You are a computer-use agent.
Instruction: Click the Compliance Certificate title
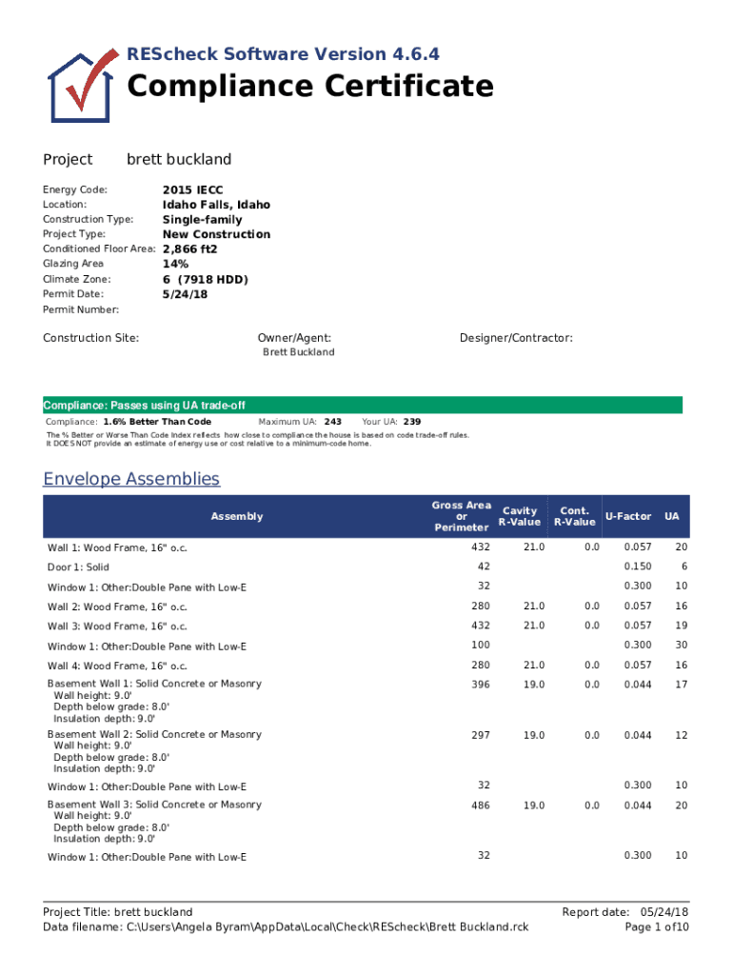310,87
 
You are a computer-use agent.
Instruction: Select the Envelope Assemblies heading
131,478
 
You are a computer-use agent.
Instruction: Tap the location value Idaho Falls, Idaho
216,205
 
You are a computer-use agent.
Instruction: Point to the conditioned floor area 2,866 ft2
190,249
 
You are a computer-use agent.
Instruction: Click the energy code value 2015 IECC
193,190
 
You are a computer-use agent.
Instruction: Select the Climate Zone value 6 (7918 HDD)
205,279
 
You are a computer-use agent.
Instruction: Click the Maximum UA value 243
333,421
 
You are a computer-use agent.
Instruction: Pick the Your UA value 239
412,421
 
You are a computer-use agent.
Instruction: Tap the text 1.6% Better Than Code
157,421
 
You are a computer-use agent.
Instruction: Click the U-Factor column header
627,516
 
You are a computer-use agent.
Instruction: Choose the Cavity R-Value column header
520,516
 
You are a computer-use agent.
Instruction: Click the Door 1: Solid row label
78,567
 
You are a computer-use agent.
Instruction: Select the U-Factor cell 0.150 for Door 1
637,567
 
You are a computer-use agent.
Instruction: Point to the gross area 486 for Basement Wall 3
481,806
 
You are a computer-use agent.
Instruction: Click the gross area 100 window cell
481,646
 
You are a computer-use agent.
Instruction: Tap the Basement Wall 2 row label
154,735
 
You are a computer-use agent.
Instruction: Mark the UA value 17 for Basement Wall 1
681,685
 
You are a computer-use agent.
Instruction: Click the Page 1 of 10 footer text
656,926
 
